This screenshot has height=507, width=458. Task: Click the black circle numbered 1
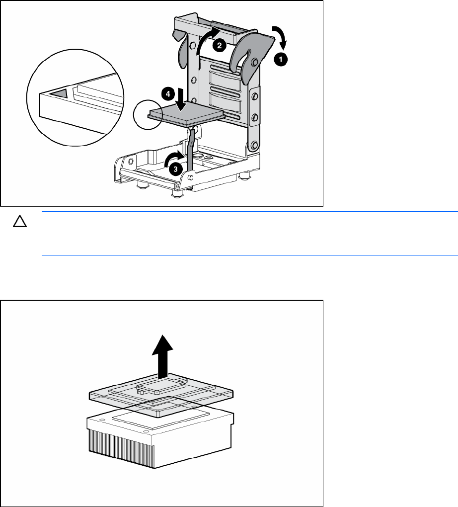[x=281, y=60]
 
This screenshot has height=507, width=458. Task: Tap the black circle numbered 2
[x=220, y=45]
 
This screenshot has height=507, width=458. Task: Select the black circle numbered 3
[x=175, y=169]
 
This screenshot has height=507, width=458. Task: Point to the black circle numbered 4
[x=168, y=94]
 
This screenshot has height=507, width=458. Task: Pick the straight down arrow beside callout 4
[x=181, y=99]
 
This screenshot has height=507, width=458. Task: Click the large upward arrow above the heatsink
[x=162, y=356]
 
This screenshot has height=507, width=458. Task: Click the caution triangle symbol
[x=20, y=222]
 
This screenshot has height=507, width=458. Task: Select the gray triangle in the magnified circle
[x=59, y=93]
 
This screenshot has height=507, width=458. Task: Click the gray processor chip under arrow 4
[x=186, y=113]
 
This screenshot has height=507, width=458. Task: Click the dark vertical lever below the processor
[x=191, y=149]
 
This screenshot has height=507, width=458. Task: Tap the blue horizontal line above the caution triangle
[x=250, y=211]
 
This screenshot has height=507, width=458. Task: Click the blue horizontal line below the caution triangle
[x=250, y=255]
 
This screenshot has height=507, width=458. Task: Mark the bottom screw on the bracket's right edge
[x=254, y=145]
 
